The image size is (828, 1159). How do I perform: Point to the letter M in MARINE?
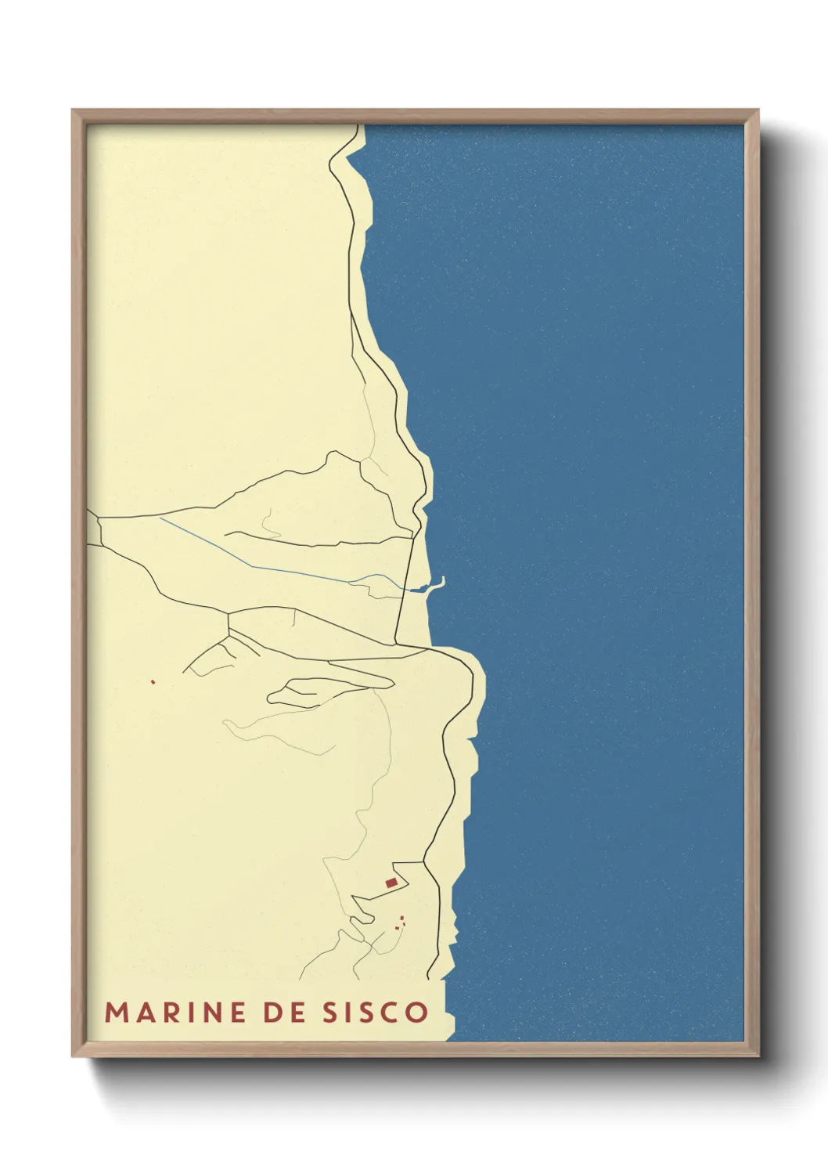115,1012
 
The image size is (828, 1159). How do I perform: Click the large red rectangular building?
391,883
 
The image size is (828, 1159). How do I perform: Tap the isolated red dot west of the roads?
153,682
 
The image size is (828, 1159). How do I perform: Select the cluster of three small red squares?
400,923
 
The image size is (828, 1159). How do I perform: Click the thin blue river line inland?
235,558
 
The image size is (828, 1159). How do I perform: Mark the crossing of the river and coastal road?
401,589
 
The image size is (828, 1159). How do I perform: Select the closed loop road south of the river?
329,689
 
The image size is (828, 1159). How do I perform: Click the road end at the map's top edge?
362,126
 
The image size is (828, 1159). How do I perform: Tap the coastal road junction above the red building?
424,862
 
